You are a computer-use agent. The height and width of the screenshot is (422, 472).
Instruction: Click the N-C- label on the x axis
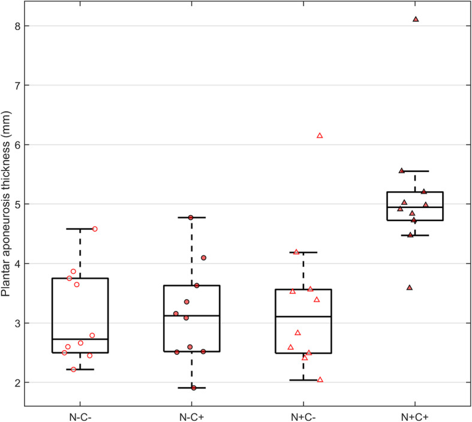click(80, 415)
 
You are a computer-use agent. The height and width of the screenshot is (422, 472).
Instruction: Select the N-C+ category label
click(192, 415)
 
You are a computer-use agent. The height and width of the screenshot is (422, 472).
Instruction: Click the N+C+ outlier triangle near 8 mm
click(416, 19)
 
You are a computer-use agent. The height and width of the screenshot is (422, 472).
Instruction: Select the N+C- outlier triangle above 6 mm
click(320, 135)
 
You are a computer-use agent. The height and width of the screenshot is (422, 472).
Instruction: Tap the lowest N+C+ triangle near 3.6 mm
click(410, 288)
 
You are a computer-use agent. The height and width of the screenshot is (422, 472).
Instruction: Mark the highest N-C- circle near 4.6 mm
click(95, 229)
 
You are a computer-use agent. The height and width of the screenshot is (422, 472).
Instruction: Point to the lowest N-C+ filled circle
click(194, 388)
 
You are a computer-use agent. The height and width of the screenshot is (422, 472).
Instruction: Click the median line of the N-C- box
click(80, 339)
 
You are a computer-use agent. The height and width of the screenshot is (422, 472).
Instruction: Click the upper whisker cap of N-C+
click(192, 218)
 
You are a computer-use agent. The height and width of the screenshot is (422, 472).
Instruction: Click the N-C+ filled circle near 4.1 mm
click(204, 258)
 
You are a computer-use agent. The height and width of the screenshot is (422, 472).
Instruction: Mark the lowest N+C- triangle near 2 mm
click(320, 379)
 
